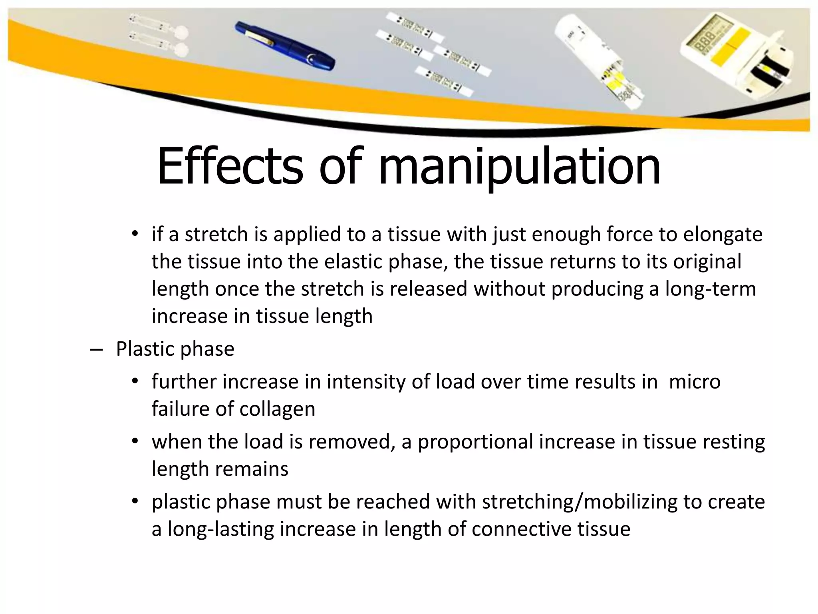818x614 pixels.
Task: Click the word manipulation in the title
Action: coord(519,168)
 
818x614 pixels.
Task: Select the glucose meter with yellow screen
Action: coord(739,60)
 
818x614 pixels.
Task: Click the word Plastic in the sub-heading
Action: coord(144,349)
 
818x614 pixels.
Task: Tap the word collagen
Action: coord(277,409)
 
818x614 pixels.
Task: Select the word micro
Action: coord(695,381)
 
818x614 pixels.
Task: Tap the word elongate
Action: coord(723,235)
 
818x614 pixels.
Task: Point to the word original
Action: coord(707,262)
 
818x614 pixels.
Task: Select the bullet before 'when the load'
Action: coord(135,441)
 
